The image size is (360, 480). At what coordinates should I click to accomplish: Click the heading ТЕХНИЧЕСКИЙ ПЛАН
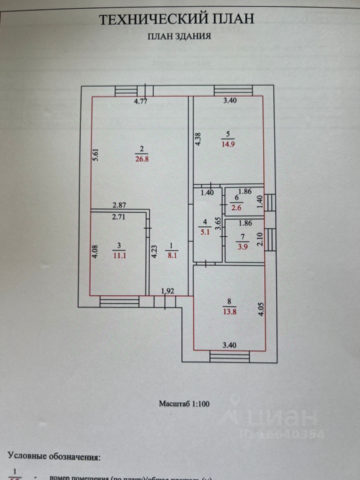coord(177,19)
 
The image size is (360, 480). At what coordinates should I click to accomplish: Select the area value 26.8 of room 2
coord(141,159)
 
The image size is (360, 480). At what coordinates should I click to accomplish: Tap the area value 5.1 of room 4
coord(204,231)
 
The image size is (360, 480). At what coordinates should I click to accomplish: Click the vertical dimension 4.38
coord(198,138)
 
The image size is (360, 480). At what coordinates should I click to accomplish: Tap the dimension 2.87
coord(119,205)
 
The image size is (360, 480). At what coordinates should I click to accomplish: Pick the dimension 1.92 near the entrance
coord(167,290)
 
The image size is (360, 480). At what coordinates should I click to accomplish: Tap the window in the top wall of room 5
coord(233,90)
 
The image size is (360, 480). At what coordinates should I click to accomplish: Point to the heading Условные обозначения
coord(53,456)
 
